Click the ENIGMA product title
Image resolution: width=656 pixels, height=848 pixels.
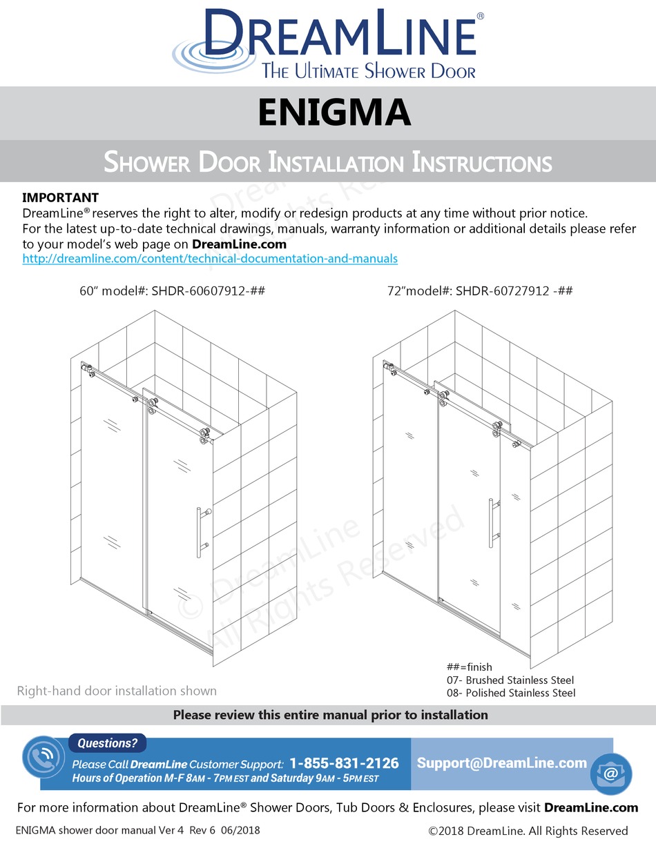(334, 113)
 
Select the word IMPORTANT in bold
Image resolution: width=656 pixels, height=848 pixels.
(61, 198)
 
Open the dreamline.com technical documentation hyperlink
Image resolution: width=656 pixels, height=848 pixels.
(210, 259)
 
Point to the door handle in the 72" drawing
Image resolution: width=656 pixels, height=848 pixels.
(491, 523)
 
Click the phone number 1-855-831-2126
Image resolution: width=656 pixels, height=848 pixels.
(344, 763)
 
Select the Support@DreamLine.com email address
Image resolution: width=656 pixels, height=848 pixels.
(502, 762)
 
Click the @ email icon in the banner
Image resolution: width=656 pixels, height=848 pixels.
(610, 774)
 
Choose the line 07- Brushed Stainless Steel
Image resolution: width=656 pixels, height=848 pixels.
(511, 680)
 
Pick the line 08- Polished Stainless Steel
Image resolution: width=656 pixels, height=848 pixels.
(511, 693)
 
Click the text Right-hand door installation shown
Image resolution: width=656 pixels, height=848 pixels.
(117, 691)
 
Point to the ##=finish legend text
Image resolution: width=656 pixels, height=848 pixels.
(470, 667)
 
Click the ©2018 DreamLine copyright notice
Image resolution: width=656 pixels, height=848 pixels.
(528, 831)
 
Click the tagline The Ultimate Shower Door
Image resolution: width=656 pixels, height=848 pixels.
(368, 70)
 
